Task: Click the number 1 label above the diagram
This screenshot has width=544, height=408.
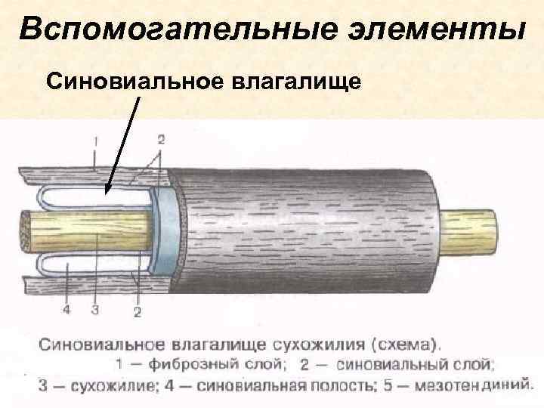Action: pyautogui.click(x=94, y=141)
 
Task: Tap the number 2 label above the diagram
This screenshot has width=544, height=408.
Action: pyautogui.click(x=161, y=139)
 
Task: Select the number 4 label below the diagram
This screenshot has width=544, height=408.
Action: pyautogui.click(x=66, y=309)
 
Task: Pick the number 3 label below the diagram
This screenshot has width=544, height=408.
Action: pyautogui.click(x=94, y=310)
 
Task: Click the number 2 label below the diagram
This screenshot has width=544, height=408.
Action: pyautogui.click(x=138, y=310)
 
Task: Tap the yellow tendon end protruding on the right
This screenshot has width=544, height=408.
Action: pyautogui.click(x=471, y=226)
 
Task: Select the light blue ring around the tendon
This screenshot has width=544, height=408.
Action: pyautogui.click(x=165, y=227)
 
